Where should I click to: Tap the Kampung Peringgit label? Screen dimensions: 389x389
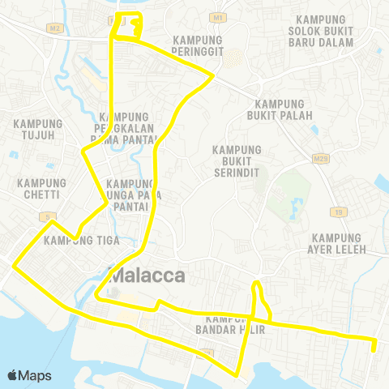click(198, 45)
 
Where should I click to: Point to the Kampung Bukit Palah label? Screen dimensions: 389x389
click(279, 109)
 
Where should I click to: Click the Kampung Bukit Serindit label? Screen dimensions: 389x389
click(237, 160)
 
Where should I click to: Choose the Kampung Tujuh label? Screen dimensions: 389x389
click(33, 129)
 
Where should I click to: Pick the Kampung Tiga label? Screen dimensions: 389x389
click(71, 240)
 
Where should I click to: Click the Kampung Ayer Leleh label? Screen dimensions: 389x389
click(338, 242)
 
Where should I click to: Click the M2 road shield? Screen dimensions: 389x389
click(55, 28)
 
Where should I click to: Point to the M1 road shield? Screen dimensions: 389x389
click(216, 16)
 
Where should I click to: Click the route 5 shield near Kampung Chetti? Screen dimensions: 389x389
click(49, 216)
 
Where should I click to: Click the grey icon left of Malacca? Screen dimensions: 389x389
click(113, 276)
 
